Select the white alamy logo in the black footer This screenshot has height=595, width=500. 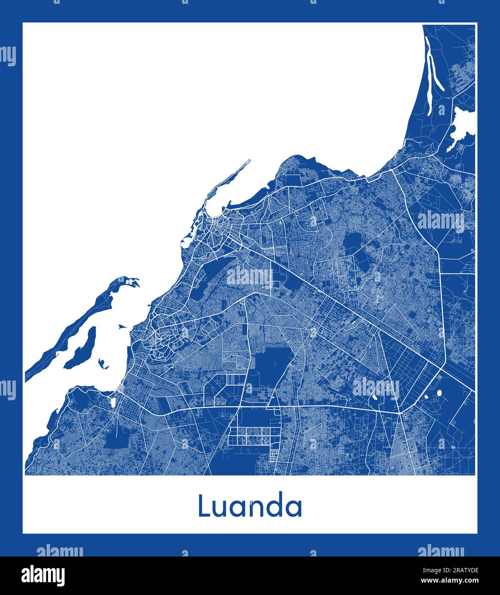[x=43, y=575]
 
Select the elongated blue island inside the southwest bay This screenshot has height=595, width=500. [x=81, y=349]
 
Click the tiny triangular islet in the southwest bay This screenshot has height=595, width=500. [x=123, y=327]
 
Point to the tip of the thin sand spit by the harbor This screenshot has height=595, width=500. [x=249, y=161]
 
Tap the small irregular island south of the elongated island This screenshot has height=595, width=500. [x=103, y=364]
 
